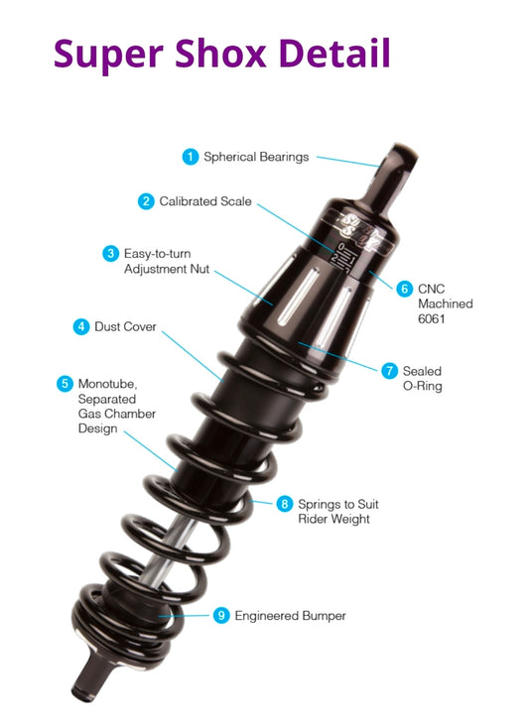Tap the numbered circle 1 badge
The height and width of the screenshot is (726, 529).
click(190, 156)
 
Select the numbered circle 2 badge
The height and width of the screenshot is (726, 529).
click(146, 201)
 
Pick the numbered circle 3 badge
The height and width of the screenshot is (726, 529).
click(110, 253)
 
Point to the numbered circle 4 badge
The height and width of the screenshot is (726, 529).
click(81, 326)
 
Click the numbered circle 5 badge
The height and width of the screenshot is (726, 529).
click(65, 382)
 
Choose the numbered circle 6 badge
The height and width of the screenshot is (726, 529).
click(404, 289)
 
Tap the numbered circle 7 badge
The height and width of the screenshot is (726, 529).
click(389, 370)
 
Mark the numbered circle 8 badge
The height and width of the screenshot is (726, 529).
click(285, 504)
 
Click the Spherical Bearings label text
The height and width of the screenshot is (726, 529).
click(256, 157)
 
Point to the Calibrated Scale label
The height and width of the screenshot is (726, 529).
click(205, 201)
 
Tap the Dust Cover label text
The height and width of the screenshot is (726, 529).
click(125, 326)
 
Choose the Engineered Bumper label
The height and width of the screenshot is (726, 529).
click(290, 616)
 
